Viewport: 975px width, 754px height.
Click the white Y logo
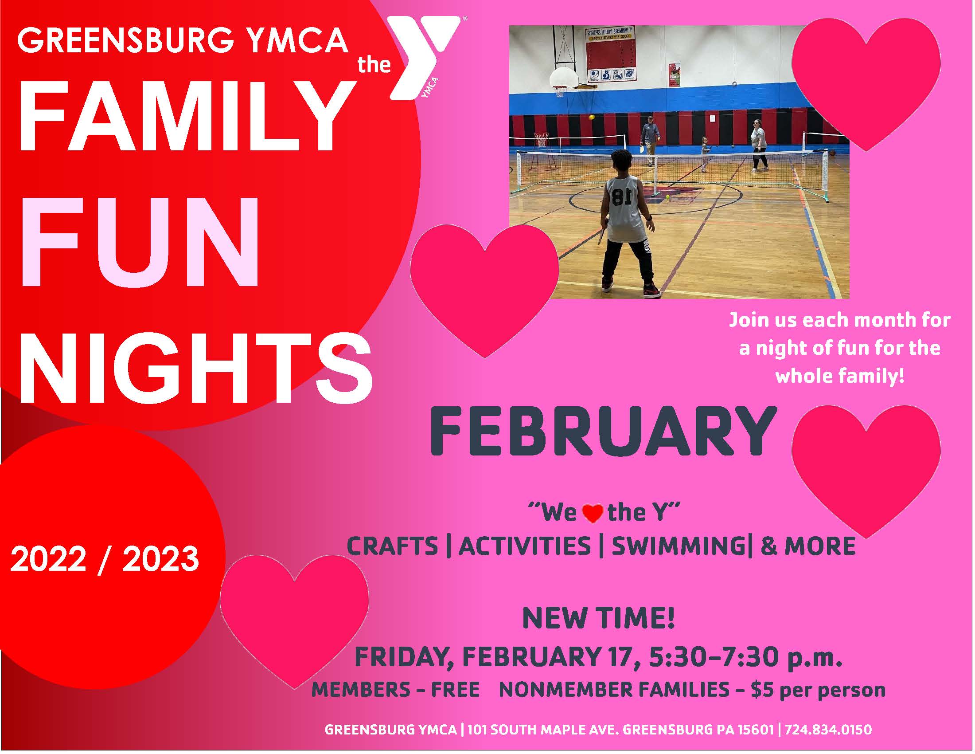click(424, 56)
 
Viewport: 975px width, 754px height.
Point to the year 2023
click(161, 558)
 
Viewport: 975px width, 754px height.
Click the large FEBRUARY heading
click(603, 431)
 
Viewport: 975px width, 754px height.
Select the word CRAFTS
click(392, 546)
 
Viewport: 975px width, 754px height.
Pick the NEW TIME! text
click(598, 618)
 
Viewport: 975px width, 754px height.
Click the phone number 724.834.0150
click(828, 730)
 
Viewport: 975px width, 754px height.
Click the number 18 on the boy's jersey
click(621, 197)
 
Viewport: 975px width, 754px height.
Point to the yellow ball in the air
click(592, 117)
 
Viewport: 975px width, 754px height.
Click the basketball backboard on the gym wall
click(563, 79)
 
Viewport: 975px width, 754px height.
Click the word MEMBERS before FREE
click(361, 690)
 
